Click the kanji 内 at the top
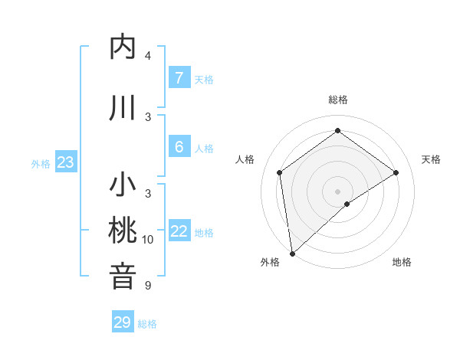tap(123, 47)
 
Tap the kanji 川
tap(123, 108)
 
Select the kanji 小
tap(123, 185)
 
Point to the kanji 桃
tap(123, 231)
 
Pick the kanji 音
tap(123, 277)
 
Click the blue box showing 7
tap(179, 78)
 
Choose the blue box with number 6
tap(179, 147)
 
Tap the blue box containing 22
tap(179, 231)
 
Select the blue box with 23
tap(65, 162)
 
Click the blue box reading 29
tap(122, 322)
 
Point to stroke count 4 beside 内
tap(148, 56)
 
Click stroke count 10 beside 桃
tap(148, 240)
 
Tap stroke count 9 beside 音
tap(148, 286)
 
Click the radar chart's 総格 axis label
tap(337, 100)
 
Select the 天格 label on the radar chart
tap(431, 159)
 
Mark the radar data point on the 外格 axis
tap(292, 253)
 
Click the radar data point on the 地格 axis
tap(347, 204)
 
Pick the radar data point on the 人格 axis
tap(280, 172)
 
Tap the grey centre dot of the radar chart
tap(337, 191)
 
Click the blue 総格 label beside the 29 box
tap(147, 324)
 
